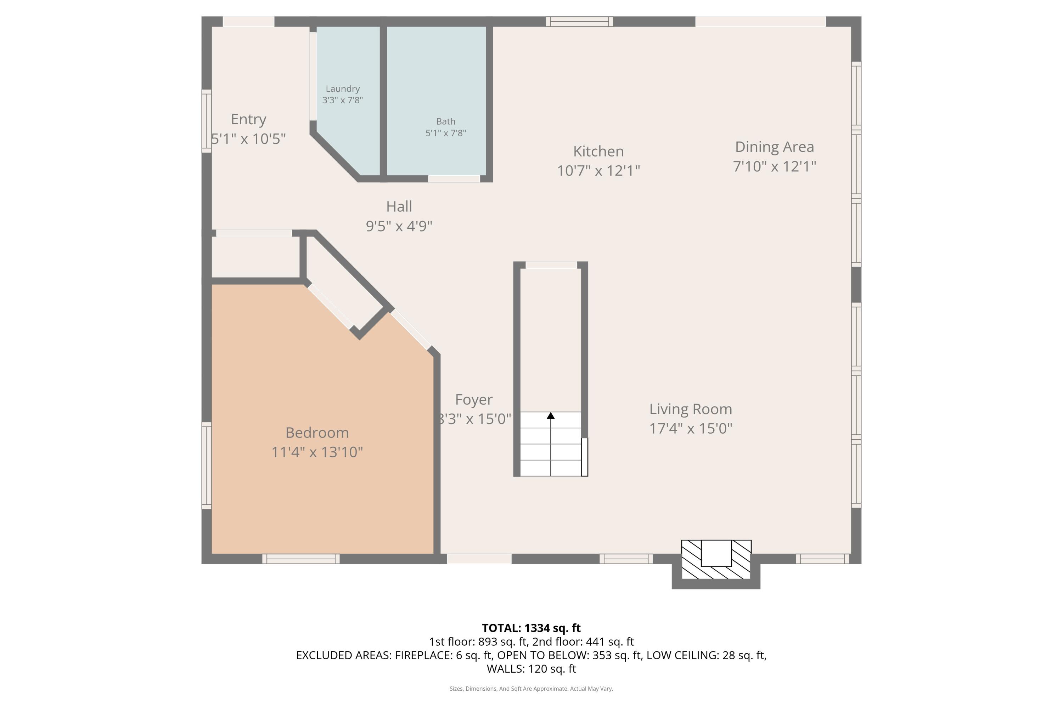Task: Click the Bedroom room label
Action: (317, 433)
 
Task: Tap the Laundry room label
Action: (343, 88)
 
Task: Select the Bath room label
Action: (446, 121)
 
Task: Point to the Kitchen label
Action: (598, 151)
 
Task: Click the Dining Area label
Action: (774, 147)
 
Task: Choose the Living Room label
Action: (691, 409)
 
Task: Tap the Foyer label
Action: (474, 400)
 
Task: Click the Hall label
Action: (399, 206)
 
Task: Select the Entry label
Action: (249, 120)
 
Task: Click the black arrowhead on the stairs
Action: (551, 415)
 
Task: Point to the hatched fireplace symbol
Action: (716, 559)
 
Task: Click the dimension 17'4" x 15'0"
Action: (691, 428)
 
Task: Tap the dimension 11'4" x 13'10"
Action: (317, 452)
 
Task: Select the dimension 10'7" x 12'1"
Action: (598, 171)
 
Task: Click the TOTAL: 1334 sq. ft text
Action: (531, 628)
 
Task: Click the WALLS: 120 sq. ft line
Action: (531, 669)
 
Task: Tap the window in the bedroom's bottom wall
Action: (301, 559)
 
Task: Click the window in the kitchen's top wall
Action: (579, 21)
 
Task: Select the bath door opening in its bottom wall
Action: (454, 179)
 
